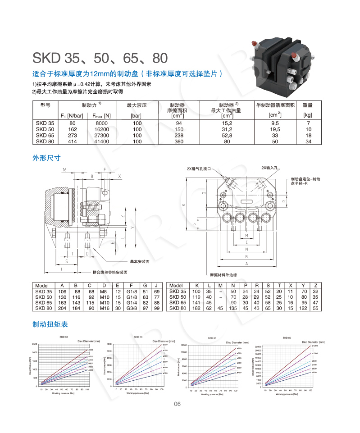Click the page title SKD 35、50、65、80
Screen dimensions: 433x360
tap(100, 58)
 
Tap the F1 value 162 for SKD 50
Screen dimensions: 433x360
tap(72, 129)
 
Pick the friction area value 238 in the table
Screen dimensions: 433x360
tap(179, 135)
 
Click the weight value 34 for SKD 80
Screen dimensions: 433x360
tap(308, 141)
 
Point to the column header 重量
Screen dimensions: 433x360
tap(308, 105)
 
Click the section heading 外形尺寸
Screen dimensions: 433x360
tap(46, 158)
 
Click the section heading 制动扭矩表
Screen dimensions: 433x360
tap(50, 324)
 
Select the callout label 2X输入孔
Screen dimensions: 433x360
tap(270, 168)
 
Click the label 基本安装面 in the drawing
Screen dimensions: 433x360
tap(140, 261)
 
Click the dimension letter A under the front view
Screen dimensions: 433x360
tap(246, 263)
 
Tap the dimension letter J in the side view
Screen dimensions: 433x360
tap(60, 269)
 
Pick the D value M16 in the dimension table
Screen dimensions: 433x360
tap(104, 308)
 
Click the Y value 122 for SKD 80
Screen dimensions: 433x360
tap(303, 308)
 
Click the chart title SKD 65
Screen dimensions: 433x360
tap(212, 337)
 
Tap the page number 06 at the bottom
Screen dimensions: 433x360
tap(177, 404)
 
